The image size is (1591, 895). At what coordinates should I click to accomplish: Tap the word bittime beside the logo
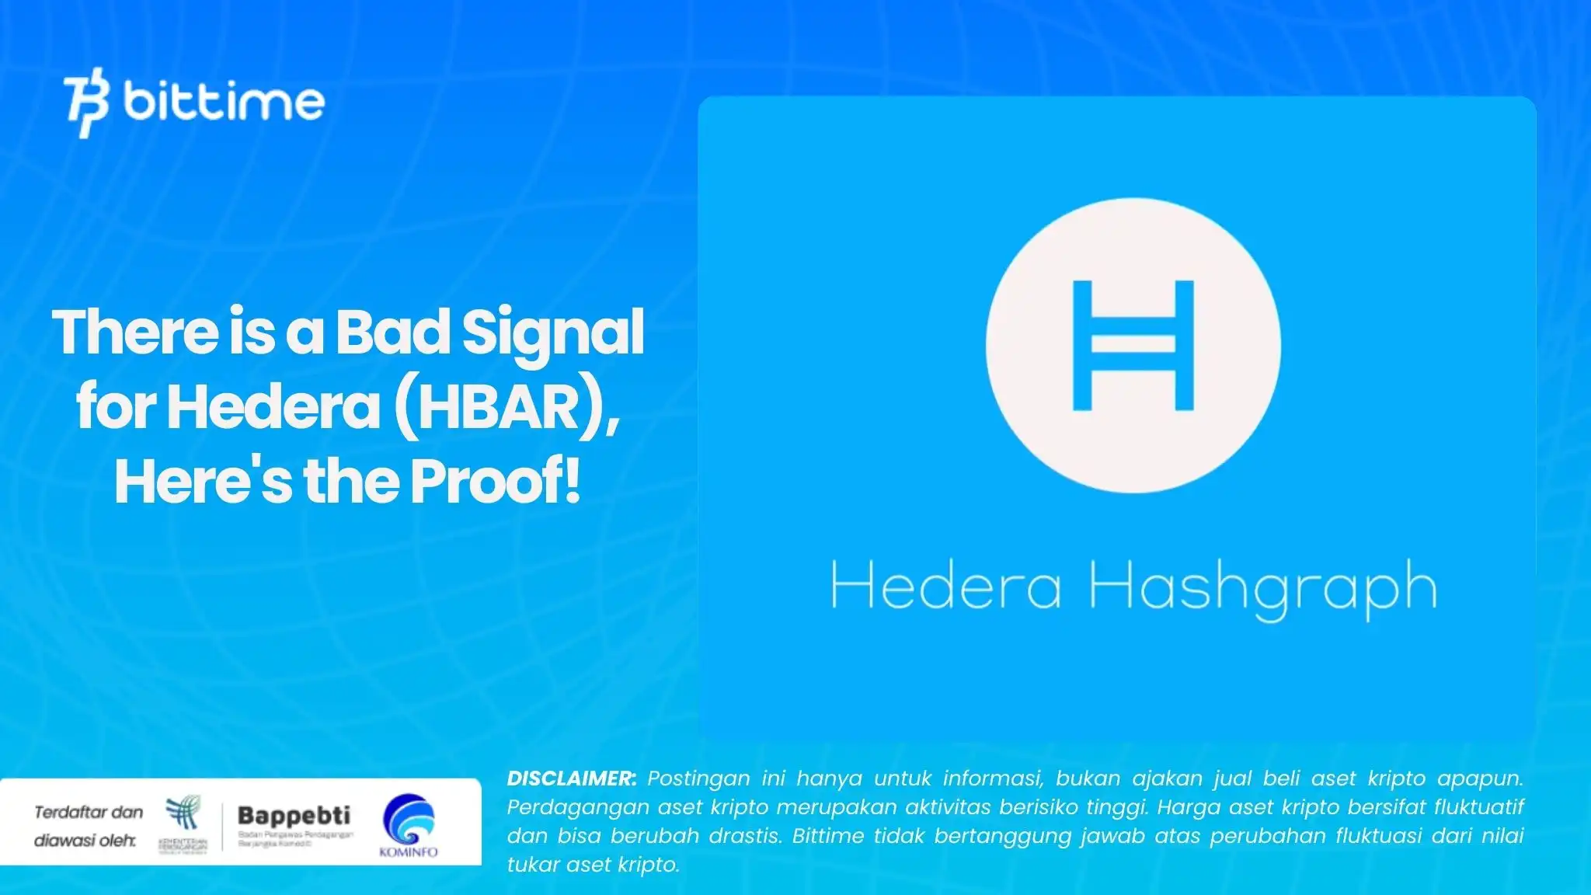click(x=224, y=102)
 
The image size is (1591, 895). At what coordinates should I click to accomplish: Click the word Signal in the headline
click(x=553, y=333)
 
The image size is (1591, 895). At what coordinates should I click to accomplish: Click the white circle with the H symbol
click(x=1133, y=345)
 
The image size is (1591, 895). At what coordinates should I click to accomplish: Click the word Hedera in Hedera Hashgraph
click(x=945, y=587)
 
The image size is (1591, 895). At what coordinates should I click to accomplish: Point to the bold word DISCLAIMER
click(x=571, y=778)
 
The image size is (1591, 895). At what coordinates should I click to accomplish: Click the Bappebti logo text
click(x=294, y=816)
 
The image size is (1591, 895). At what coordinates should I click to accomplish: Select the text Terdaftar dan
click(x=89, y=813)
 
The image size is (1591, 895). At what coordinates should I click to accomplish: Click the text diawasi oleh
click(x=85, y=841)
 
